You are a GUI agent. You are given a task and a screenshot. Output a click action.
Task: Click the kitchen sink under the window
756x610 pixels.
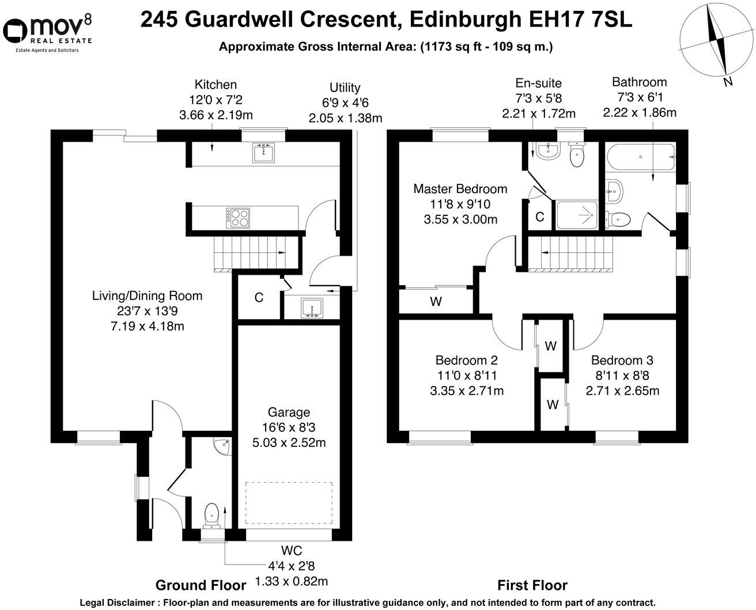(264, 152)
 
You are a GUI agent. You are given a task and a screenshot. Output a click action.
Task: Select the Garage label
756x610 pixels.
(289, 412)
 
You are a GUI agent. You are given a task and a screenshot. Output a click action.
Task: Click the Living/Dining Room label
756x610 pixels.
(148, 296)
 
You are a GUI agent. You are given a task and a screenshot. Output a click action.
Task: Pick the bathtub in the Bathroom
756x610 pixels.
(640, 157)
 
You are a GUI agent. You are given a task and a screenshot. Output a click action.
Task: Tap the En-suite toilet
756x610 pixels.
(576, 156)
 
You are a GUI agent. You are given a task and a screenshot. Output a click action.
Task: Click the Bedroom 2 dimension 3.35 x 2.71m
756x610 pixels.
(466, 391)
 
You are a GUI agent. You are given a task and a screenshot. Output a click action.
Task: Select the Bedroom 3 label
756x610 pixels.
(622, 361)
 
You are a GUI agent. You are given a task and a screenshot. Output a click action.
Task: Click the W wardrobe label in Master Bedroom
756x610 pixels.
(436, 301)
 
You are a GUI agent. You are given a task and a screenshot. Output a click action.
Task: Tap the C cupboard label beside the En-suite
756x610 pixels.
(540, 217)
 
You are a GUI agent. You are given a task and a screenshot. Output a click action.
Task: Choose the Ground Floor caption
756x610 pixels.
(201, 585)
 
